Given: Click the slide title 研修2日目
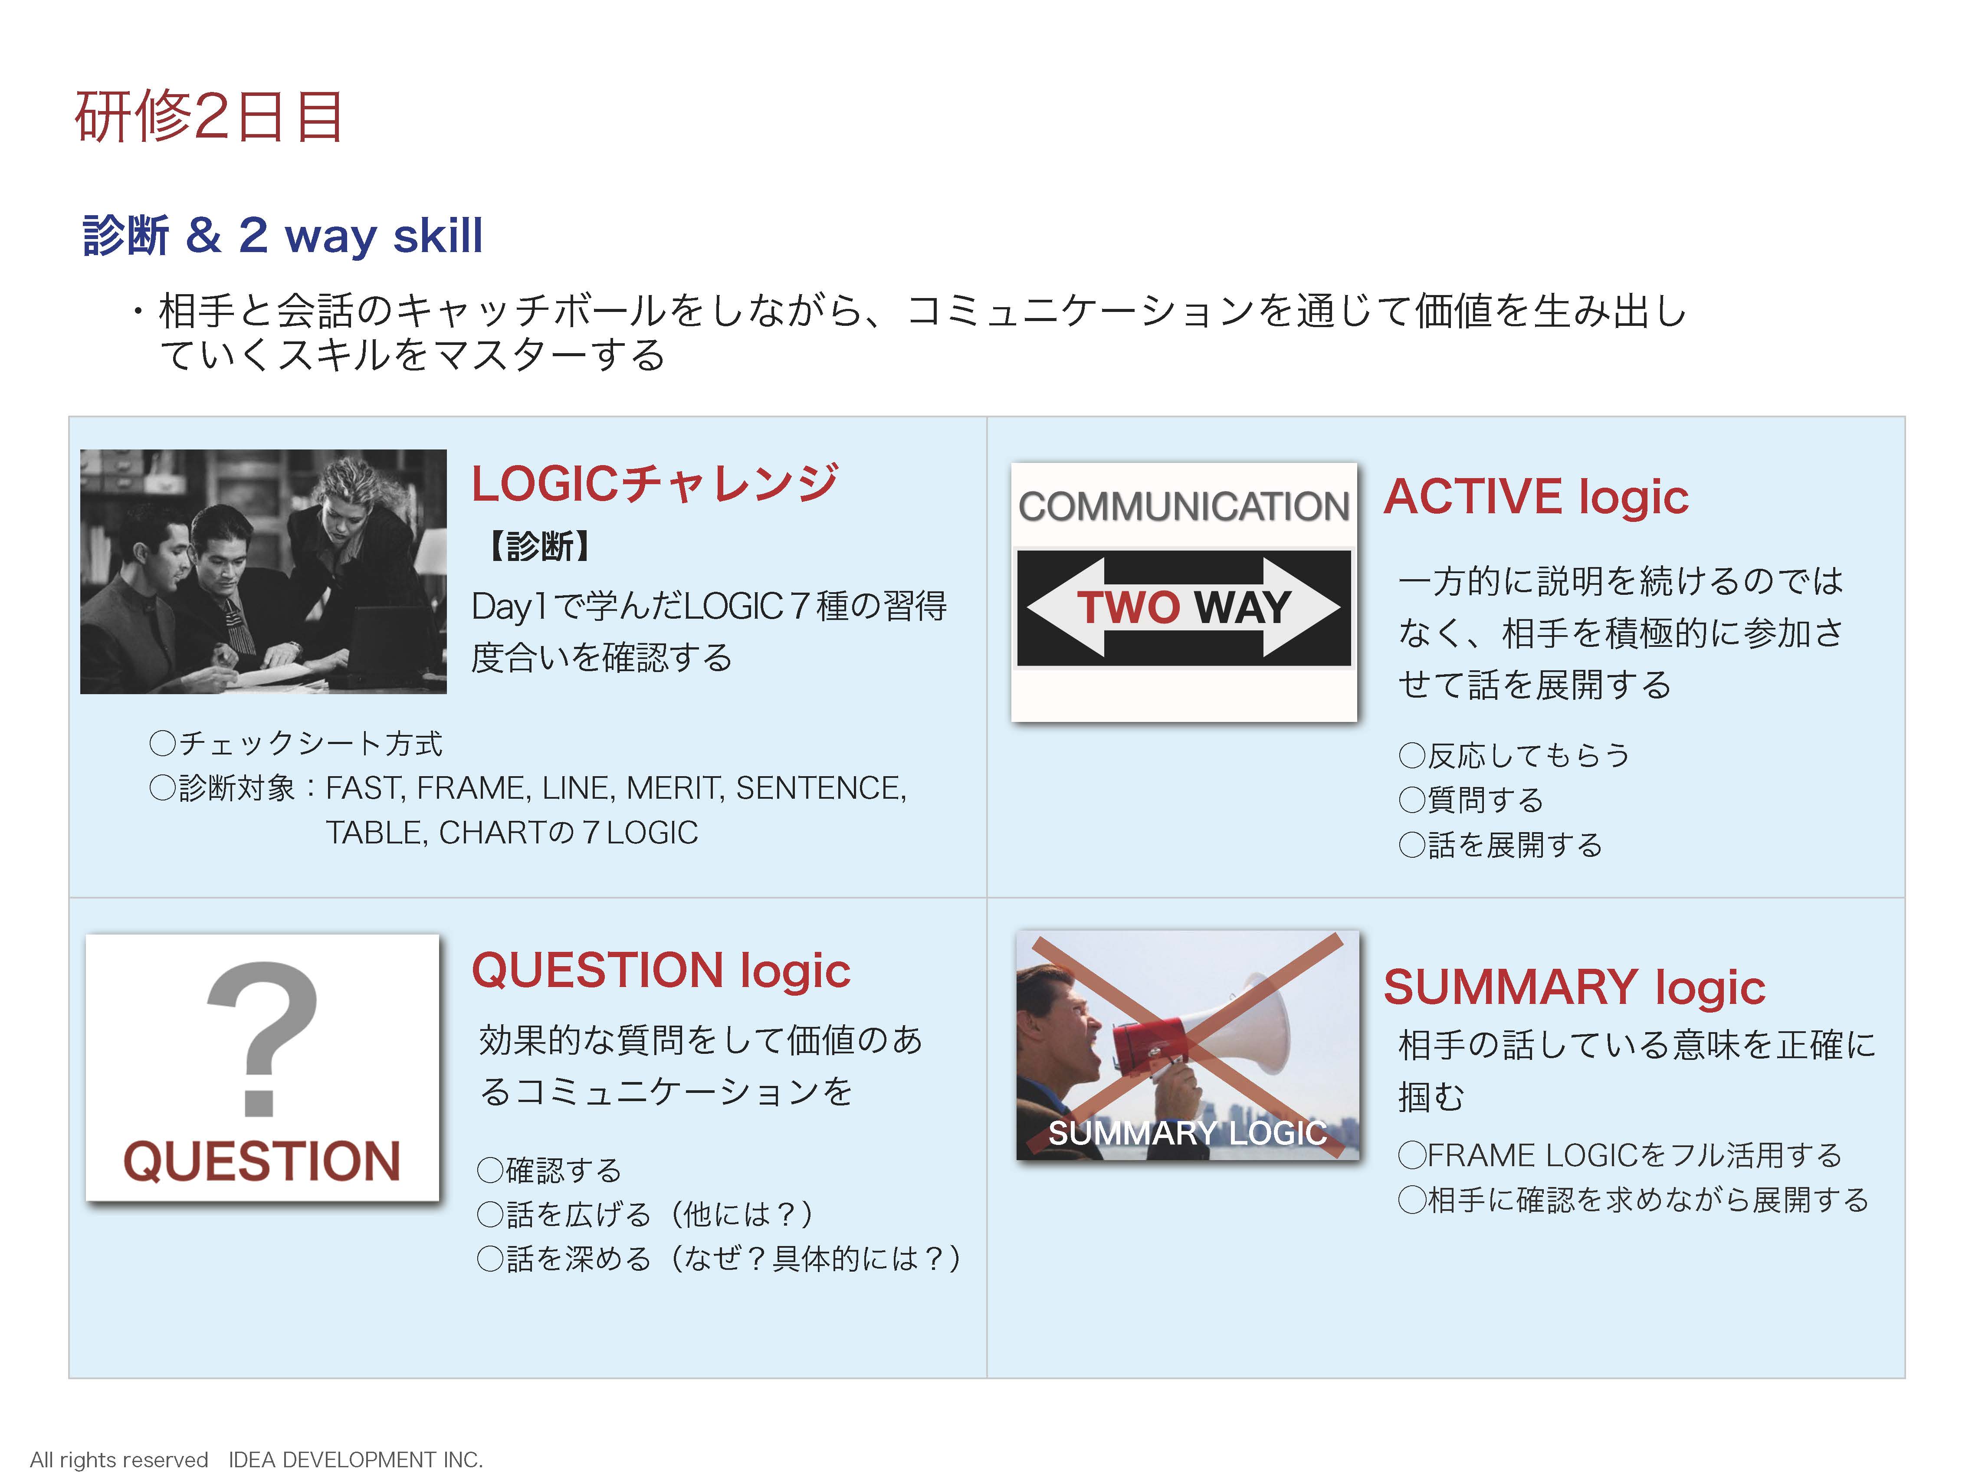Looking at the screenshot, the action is pyautogui.click(x=209, y=117).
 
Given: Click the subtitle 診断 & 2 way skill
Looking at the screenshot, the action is pyautogui.click(x=282, y=235).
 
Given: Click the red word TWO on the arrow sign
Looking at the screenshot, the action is pyautogui.click(x=1129, y=607).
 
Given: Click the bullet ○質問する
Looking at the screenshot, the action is pyautogui.click(x=1471, y=800).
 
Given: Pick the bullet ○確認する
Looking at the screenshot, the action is pyautogui.click(x=549, y=1170).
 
